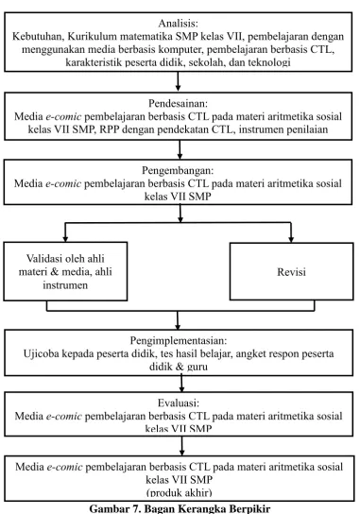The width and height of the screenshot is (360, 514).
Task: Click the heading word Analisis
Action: [x=178, y=24]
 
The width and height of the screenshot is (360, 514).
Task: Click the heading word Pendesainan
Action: [x=178, y=103]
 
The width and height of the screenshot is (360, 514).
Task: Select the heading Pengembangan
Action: [x=178, y=170]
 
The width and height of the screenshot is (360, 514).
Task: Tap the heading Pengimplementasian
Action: [x=179, y=340]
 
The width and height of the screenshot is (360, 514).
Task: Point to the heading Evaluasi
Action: [x=179, y=403]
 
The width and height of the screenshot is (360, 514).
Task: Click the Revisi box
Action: [x=291, y=271]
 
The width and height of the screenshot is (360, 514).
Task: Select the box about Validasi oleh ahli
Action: [x=65, y=271]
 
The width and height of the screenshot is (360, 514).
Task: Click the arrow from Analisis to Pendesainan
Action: [x=178, y=81]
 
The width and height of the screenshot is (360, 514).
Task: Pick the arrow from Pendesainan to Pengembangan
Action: [x=180, y=150]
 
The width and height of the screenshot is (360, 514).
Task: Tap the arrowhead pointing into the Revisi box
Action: [x=291, y=239]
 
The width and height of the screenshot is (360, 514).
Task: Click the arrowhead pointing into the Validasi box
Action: [x=65, y=238]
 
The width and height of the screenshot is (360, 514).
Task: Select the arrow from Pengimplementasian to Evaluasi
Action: [x=181, y=384]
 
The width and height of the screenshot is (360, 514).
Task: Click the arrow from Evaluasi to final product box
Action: [x=182, y=446]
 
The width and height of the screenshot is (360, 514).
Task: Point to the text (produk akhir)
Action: [x=179, y=492]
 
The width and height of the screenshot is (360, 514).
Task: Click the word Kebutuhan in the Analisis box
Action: [x=38, y=37]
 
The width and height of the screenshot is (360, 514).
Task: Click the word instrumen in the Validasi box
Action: [x=65, y=284]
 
